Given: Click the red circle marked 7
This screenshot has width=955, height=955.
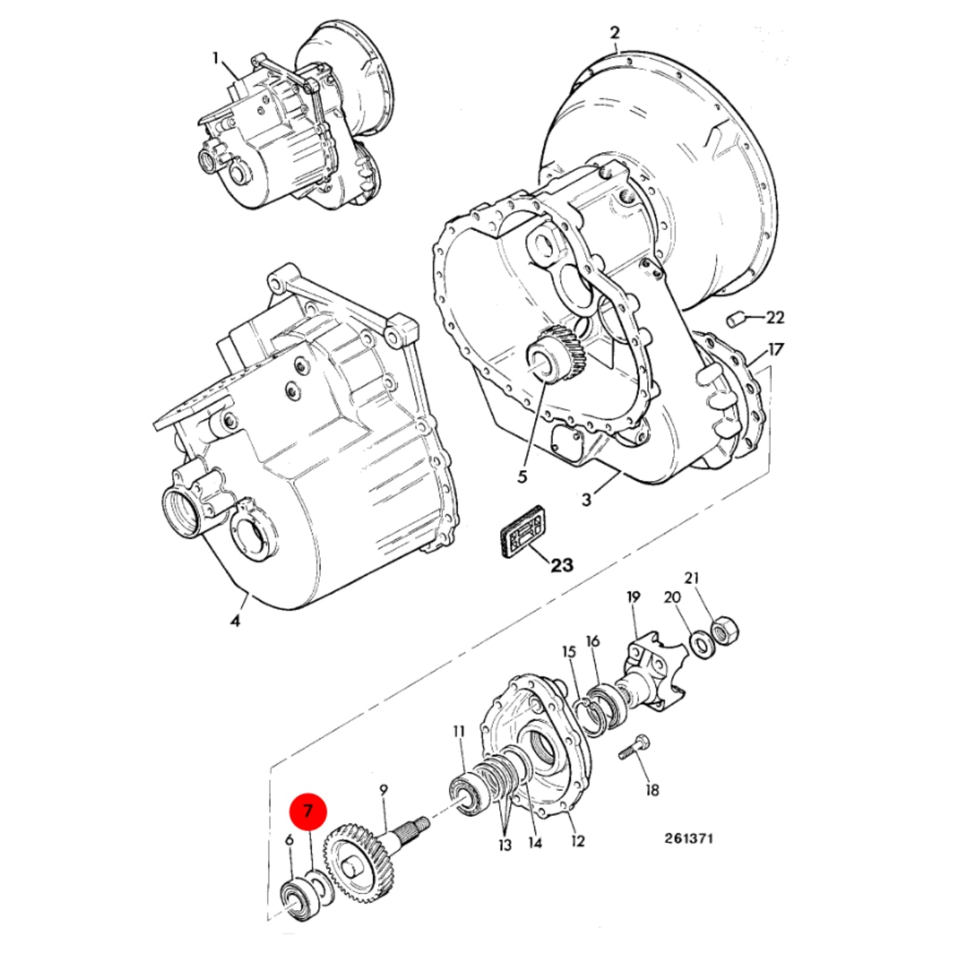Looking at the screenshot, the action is pyautogui.click(x=308, y=811).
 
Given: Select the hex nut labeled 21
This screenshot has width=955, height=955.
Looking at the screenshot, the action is pyautogui.click(x=724, y=632).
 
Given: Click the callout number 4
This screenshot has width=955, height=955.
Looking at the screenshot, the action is pyautogui.click(x=235, y=620).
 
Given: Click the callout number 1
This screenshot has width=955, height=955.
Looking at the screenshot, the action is pyautogui.click(x=215, y=59).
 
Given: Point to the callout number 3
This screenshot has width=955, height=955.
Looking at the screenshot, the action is pyautogui.click(x=587, y=500).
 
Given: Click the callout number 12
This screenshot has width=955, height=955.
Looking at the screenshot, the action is pyautogui.click(x=578, y=841).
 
